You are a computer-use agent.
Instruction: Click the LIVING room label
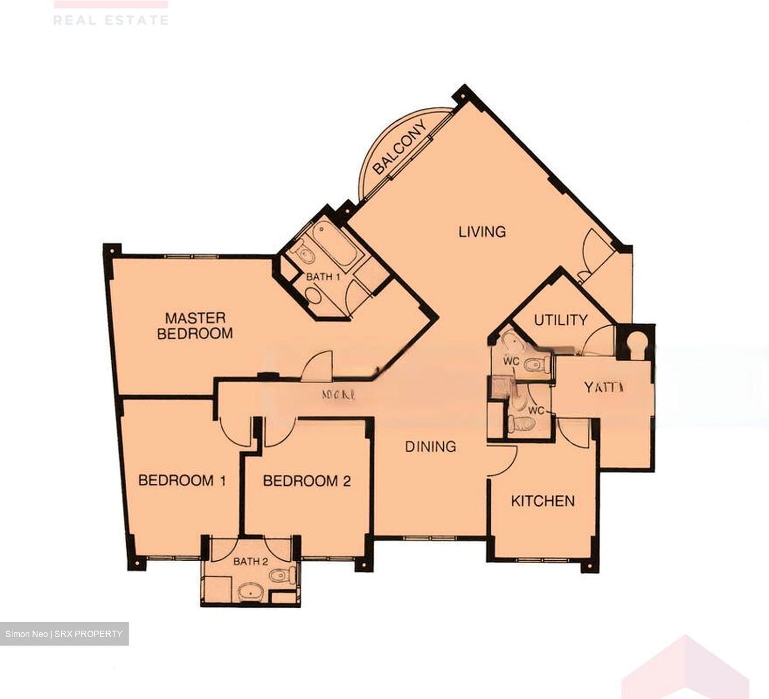click(x=482, y=232)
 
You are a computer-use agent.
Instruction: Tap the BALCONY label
click(x=400, y=148)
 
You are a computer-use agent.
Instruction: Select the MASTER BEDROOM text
click(x=195, y=326)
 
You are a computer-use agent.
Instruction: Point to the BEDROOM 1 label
click(x=182, y=481)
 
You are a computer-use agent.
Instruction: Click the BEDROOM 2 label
click(x=307, y=481)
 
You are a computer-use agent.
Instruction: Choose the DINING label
click(x=430, y=446)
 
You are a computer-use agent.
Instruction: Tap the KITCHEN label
click(x=543, y=501)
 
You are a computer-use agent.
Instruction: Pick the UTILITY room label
click(x=561, y=320)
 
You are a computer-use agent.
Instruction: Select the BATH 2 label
click(x=250, y=562)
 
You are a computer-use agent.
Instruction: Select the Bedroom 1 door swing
click(x=233, y=431)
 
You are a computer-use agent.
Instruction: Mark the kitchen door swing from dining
click(x=503, y=459)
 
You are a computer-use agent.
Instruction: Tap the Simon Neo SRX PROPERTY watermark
click(x=64, y=634)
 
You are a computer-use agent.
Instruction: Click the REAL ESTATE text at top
click(x=111, y=20)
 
